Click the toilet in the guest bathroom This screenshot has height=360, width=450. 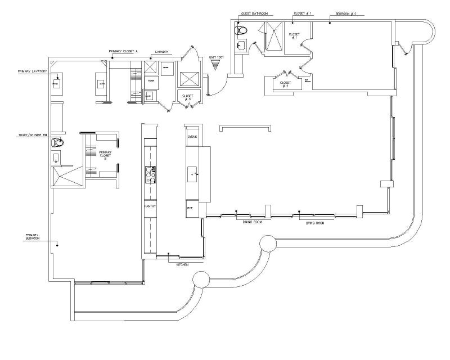(241, 30)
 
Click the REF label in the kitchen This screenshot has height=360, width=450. (190, 208)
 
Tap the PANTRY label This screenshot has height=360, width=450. (150, 206)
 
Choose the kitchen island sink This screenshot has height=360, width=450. (192, 175)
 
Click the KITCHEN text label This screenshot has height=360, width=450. (182, 264)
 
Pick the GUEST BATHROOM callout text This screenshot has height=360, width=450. (254, 12)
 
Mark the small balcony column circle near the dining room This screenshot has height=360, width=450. (267, 243)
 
